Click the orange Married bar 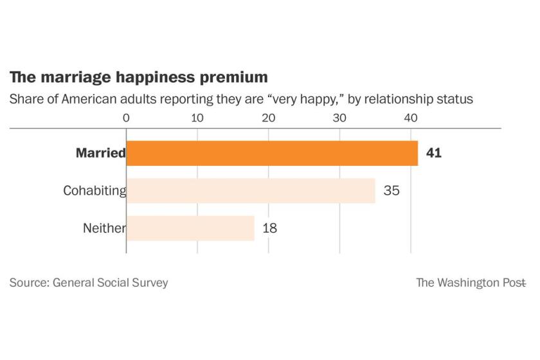coord(272,154)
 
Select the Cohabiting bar coord(251,191)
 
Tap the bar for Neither coord(190,228)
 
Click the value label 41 coord(433,154)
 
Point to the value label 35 coord(391,191)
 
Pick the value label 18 coord(269,228)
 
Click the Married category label coord(100,154)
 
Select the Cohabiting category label coord(94,191)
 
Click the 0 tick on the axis coord(126,118)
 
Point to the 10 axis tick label coord(197,118)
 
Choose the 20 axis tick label coord(269,118)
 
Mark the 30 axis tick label coord(339,118)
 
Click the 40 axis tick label coord(411,118)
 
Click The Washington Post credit coord(471,282)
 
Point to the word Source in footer coord(28,282)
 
